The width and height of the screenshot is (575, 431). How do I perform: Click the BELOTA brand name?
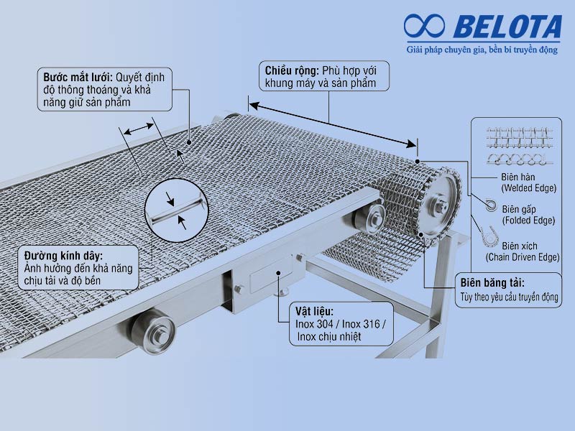pyautogui.click(x=507, y=27)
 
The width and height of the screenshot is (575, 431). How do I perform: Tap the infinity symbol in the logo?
pyautogui.click(x=424, y=26)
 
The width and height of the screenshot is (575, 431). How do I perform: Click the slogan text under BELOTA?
pyautogui.click(x=482, y=50)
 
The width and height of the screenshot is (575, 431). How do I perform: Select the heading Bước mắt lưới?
pyautogui.click(x=78, y=78)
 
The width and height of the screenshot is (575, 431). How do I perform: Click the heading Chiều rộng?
pyautogui.click(x=292, y=70)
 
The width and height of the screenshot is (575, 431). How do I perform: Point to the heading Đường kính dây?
pyautogui.click(x=63, y=256)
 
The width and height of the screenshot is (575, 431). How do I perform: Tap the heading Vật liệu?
pyautogui.click(x=314, y=312)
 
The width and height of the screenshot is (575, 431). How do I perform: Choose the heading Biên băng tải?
pyautogui.click(x=492, y=283)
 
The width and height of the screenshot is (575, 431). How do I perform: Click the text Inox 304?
pyautogui.click(x=314, y=324)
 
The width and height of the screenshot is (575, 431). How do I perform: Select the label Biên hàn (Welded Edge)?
pyautogui.click(x=528, y=182)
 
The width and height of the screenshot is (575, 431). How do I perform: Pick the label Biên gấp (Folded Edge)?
pyautogui.click(x=528, y=215)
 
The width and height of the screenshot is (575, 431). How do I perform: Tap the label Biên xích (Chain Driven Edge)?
pyautogui.click(x=523, y=251)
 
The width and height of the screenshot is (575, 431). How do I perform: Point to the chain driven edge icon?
pyautogui.click(x=489, y=236)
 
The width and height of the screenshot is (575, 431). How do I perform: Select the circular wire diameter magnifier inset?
pyautogui.click(x=176, y=210)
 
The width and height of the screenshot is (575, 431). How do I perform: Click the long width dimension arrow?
pyautogui.click(x=333, y=124)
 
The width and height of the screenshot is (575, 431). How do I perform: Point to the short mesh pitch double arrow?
pyautogui.click(x=139, y=129)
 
